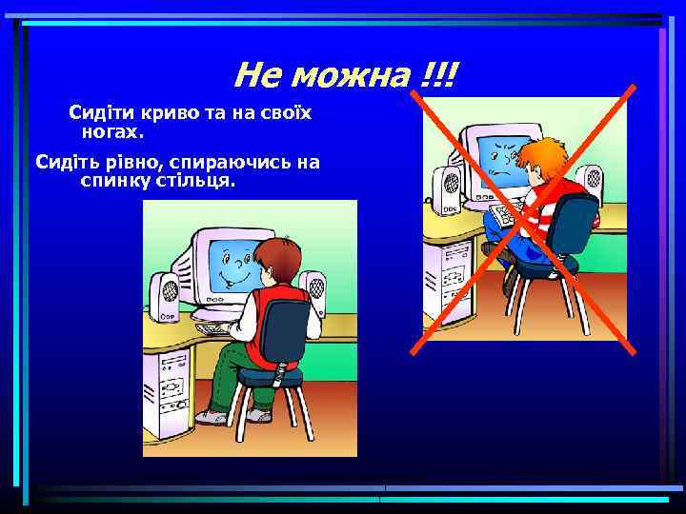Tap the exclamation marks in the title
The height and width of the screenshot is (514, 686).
438,73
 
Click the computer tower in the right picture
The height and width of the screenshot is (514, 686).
451,276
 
